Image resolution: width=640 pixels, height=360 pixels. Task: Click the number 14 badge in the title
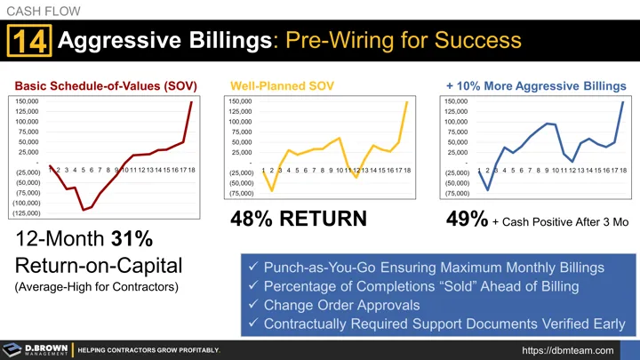coord(30,42)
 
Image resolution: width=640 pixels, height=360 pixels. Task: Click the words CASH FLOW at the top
coord(43,10)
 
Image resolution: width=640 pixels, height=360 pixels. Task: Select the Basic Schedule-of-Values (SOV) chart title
coord(105,85)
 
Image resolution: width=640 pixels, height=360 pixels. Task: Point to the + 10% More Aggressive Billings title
coord(536,85)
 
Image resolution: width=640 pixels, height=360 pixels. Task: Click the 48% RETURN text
coord(298,219)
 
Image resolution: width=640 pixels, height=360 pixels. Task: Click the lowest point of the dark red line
coord(84,210)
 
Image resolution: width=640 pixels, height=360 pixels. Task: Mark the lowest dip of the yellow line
coord(272,191)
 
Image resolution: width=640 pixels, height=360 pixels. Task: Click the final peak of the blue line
coord(622,102)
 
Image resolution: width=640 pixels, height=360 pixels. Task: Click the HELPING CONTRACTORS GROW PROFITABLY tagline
coord(149,349)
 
